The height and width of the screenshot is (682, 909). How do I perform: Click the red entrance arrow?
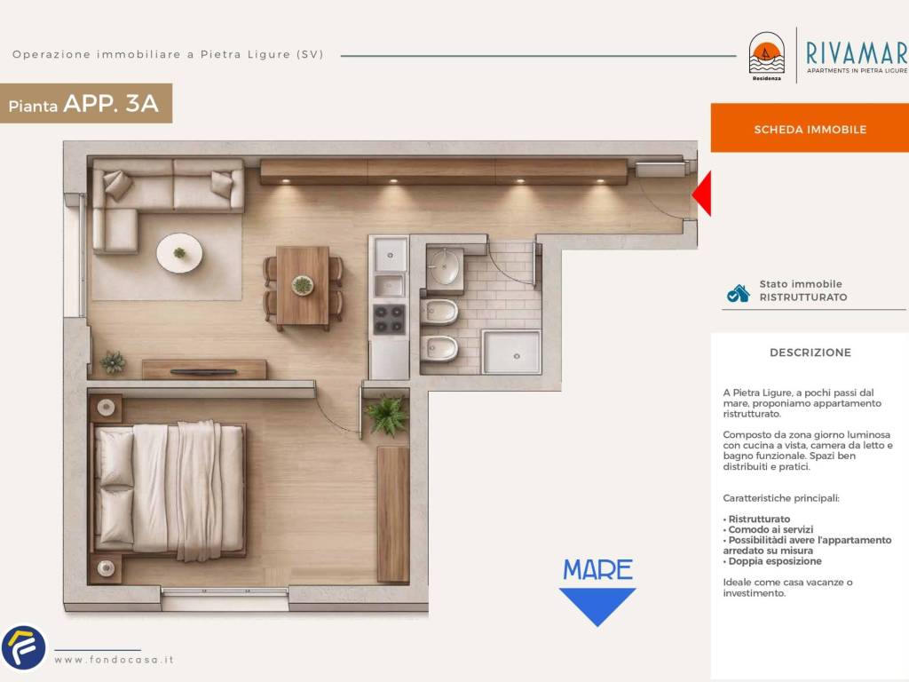[703, 194]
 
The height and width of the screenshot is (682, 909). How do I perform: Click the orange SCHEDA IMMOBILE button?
[810, 128]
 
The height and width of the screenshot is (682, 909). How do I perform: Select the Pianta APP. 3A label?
[83, 104]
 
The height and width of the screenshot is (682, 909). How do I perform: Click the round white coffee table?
[179, 253]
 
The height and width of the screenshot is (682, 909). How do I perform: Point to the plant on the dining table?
[302, 285]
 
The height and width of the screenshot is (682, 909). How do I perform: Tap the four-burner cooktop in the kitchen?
[389, 320]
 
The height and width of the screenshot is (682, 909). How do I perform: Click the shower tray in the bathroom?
[511, 353]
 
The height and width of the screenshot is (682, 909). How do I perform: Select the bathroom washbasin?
[446, 266]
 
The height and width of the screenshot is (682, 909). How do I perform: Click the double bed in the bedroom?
[168, 488]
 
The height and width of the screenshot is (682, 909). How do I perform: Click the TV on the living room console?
[203, 372]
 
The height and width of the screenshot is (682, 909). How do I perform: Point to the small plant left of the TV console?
[113, 362]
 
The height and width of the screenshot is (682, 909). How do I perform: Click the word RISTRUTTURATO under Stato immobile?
[802, 297]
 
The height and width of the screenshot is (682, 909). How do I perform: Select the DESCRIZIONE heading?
[810, 353]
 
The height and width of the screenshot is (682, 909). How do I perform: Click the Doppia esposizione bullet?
[772, 561]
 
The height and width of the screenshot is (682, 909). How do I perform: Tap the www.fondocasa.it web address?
[115, 660]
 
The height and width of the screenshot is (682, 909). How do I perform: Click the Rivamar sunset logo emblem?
[766, 53]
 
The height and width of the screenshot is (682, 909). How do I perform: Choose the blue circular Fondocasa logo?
[24, 646]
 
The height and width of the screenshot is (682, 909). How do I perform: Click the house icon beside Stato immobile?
[738, 293]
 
